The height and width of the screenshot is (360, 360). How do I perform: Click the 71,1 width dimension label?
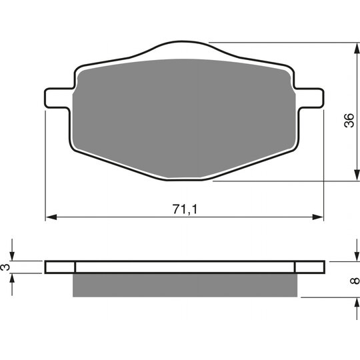pyautogui.click(x=185, y=209)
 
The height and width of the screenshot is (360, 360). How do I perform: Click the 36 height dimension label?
pyautogui.click(x=349, y=120)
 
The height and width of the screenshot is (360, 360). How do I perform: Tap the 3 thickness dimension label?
pyautogui.click(x=6, y=267)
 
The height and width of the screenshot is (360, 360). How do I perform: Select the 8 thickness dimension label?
pyautogui.click(x=355, y=280)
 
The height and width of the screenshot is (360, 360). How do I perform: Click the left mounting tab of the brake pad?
pyautogui.click(x=58, y=98)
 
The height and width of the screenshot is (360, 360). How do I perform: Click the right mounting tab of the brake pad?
pyautogui.click(x=310, y=98)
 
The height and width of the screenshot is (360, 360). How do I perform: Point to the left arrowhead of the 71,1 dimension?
pyautogui.click(x=51, y=217)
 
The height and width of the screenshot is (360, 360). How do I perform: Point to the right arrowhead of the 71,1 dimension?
pyautogui.click(x=317, y=217)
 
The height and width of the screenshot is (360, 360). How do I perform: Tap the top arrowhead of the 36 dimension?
pyautogui.click(x=357, y=49)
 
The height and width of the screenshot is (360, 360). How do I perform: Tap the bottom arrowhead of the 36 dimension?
pyautogui.click(x=357, y=175)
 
